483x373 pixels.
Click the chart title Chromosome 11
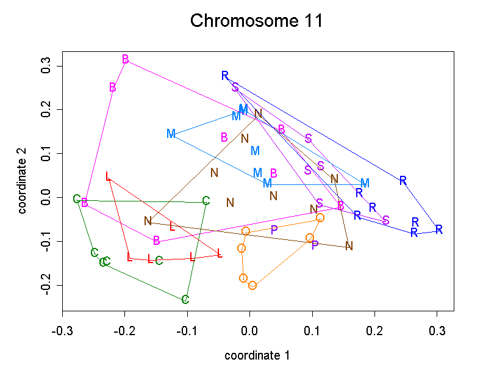click(x=256, y=21)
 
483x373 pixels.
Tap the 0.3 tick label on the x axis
click(x=437, y=331)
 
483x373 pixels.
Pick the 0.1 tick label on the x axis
click(x=312, y=331)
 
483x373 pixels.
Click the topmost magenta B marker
click(x=126, y=59)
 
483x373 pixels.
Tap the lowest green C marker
click(x=185, y=300)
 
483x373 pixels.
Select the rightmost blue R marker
click(x=438, y=230)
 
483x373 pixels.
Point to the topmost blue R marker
click(x=225, y=76)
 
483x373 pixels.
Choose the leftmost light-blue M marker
click(x=171, y=134)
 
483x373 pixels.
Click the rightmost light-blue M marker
click(x=365, y=183)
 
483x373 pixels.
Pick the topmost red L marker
click(x=108, y=177)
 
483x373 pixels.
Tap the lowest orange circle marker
click(x=252, y=285)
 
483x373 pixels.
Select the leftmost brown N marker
click(x=148, y=221)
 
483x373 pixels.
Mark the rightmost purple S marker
click(x=386, y=220)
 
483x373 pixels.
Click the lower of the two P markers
click(x=315, y=245)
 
